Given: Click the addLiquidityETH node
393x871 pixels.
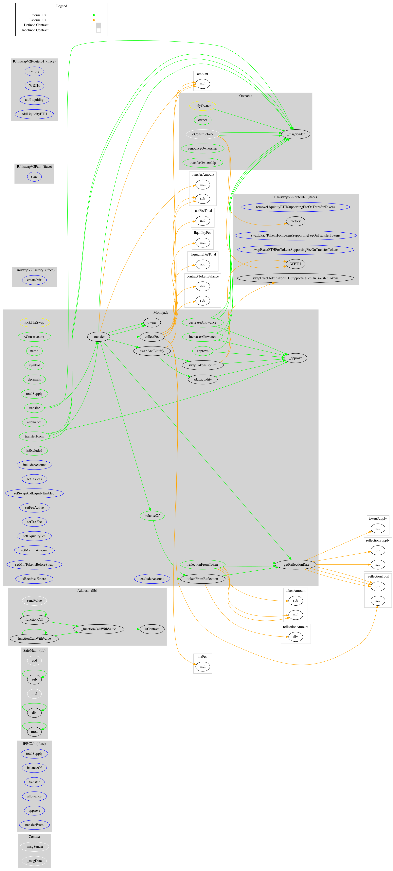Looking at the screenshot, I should coord(34,114).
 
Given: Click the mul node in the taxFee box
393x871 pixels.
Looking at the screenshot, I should coord(202,667).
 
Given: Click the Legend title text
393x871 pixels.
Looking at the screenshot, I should coord(62,6).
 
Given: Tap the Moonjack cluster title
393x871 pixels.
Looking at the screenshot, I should coord(160,312).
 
